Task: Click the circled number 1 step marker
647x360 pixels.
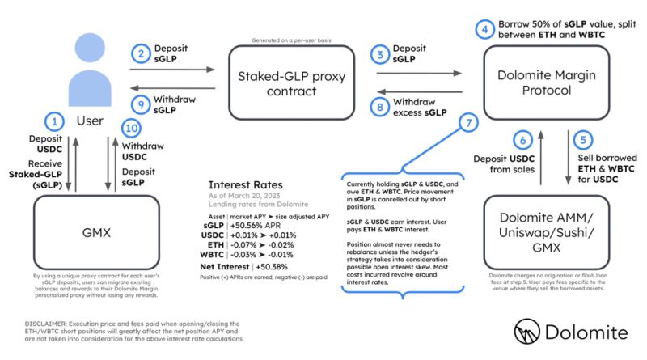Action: coord(55,122)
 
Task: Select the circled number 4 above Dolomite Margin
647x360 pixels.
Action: coord(484,30)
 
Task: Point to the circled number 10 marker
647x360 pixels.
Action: coord(132,129)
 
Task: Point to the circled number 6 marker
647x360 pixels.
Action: coord(523,139)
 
